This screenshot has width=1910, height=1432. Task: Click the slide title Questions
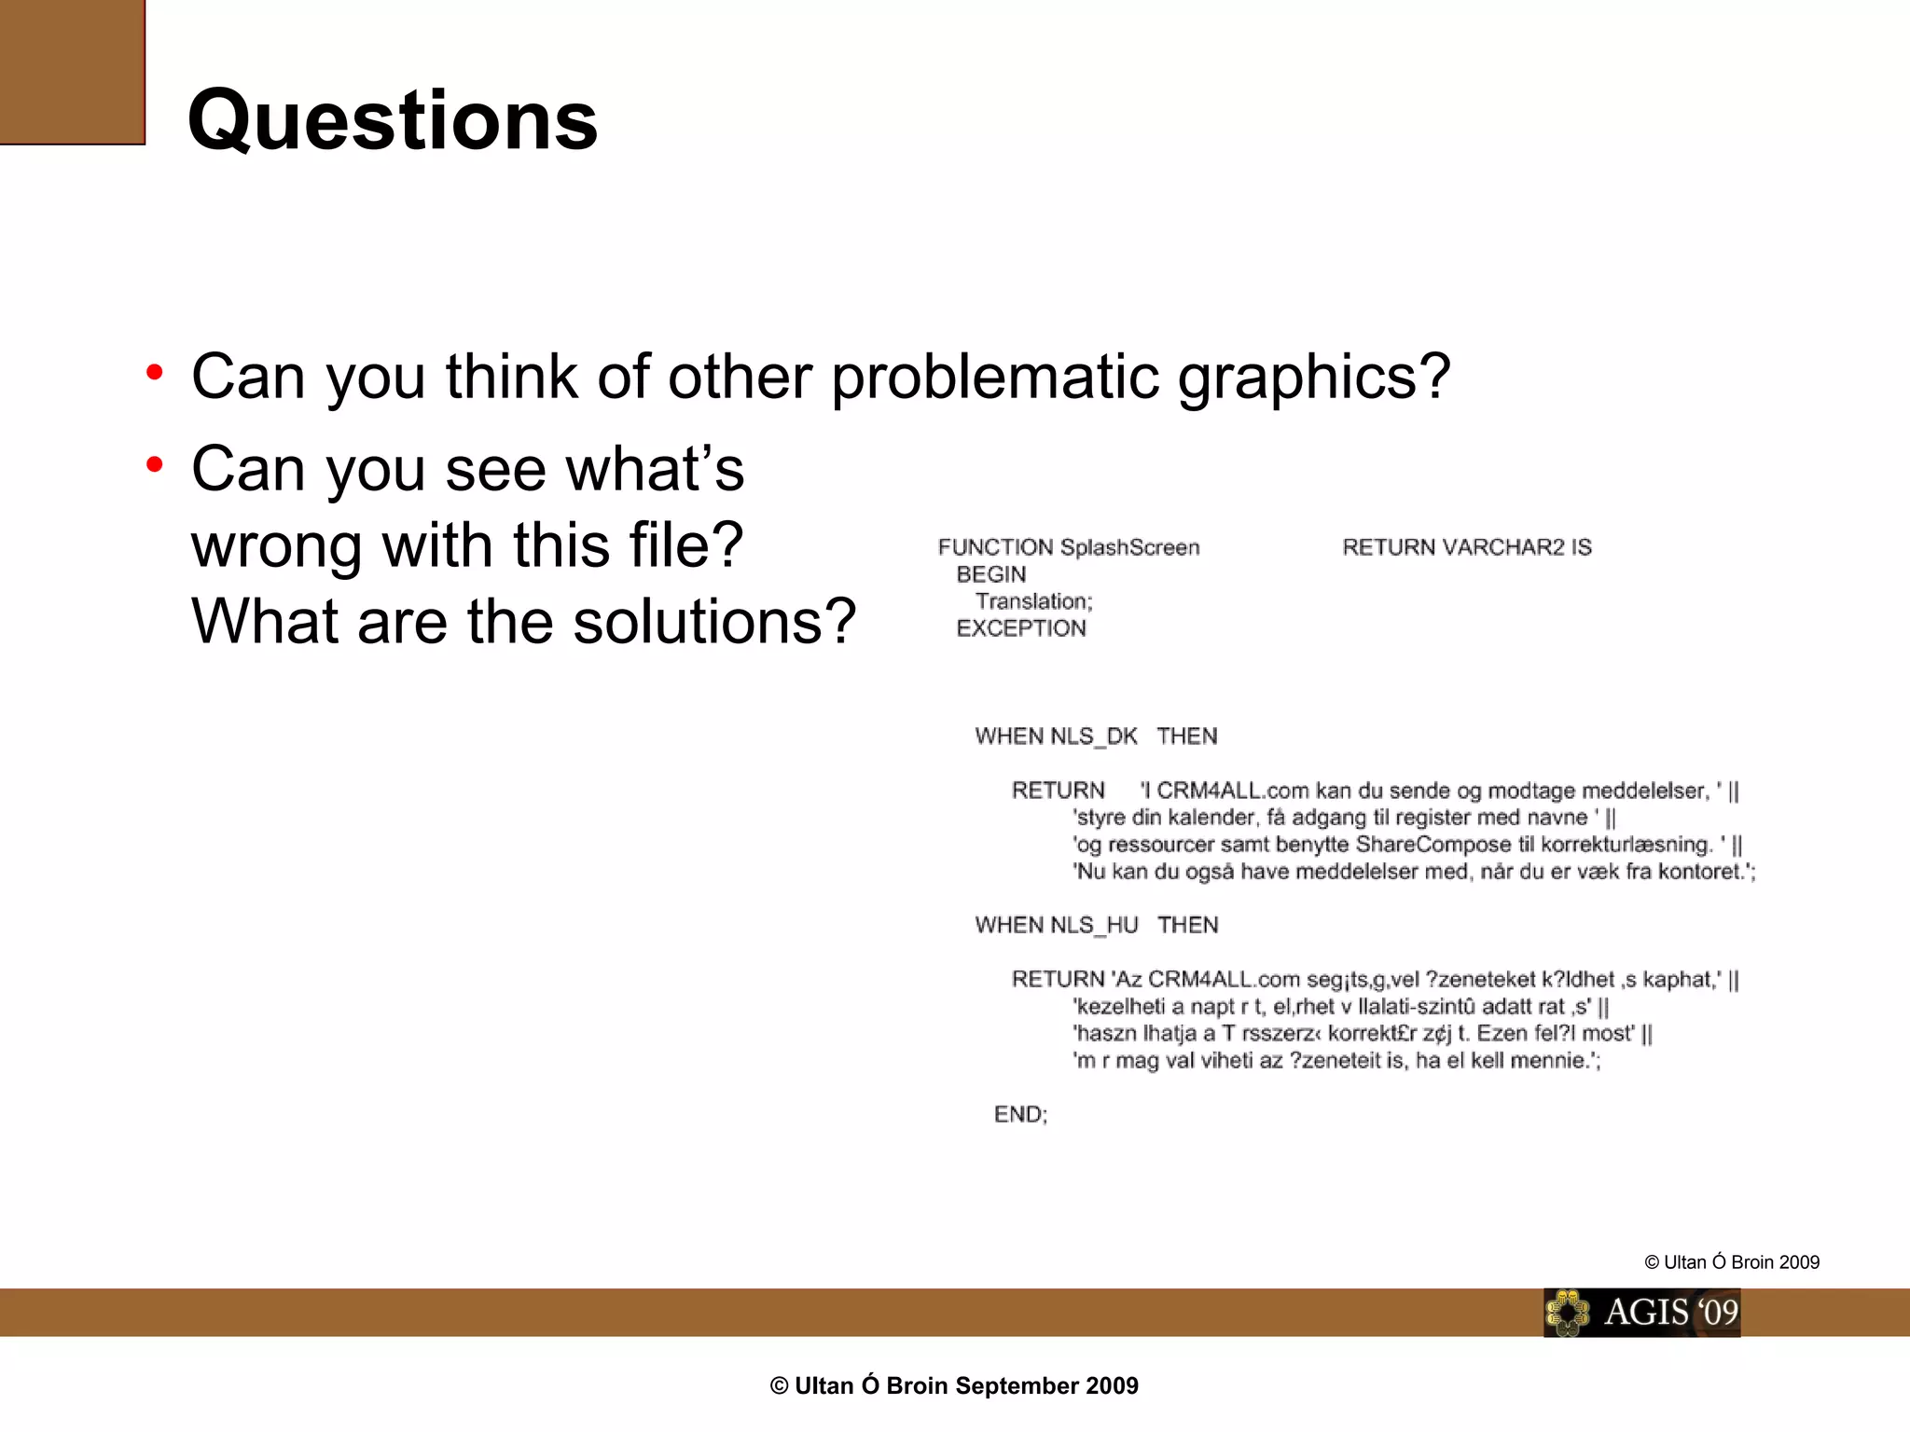click(393, 120)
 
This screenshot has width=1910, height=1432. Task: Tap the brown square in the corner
click(72, 72)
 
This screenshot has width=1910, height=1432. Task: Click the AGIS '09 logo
click(1641, 1312)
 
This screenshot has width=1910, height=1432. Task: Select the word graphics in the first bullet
click(1314, 378)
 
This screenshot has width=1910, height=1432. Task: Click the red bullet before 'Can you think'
click(155, 373)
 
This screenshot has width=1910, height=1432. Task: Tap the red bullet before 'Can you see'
click(155, 464)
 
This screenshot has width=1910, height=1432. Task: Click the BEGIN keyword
click(990, 574)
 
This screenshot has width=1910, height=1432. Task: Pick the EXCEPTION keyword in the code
click(1021, 628)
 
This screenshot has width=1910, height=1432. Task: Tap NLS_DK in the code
click(1093, 737)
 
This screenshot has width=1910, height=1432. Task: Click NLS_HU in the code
click(1093, 925)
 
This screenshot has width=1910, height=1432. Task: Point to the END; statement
click(1020, 1114)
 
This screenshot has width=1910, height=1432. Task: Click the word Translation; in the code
click(1033, 601)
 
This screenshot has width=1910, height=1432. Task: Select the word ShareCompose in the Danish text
click(1432, 845)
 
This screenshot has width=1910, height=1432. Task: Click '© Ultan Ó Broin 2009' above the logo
click(1732, 1262)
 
